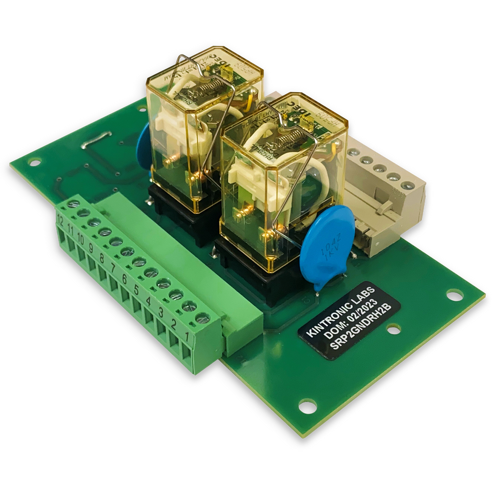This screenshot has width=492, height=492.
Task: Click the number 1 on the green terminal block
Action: tap(189, 339)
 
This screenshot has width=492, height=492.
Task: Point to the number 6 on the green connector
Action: tap(124, 279)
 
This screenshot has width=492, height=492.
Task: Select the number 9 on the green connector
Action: tap(91, 250)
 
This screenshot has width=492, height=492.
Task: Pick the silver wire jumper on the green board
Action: tap(97, 145)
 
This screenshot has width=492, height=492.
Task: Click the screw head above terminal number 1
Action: tap(202, 318)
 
